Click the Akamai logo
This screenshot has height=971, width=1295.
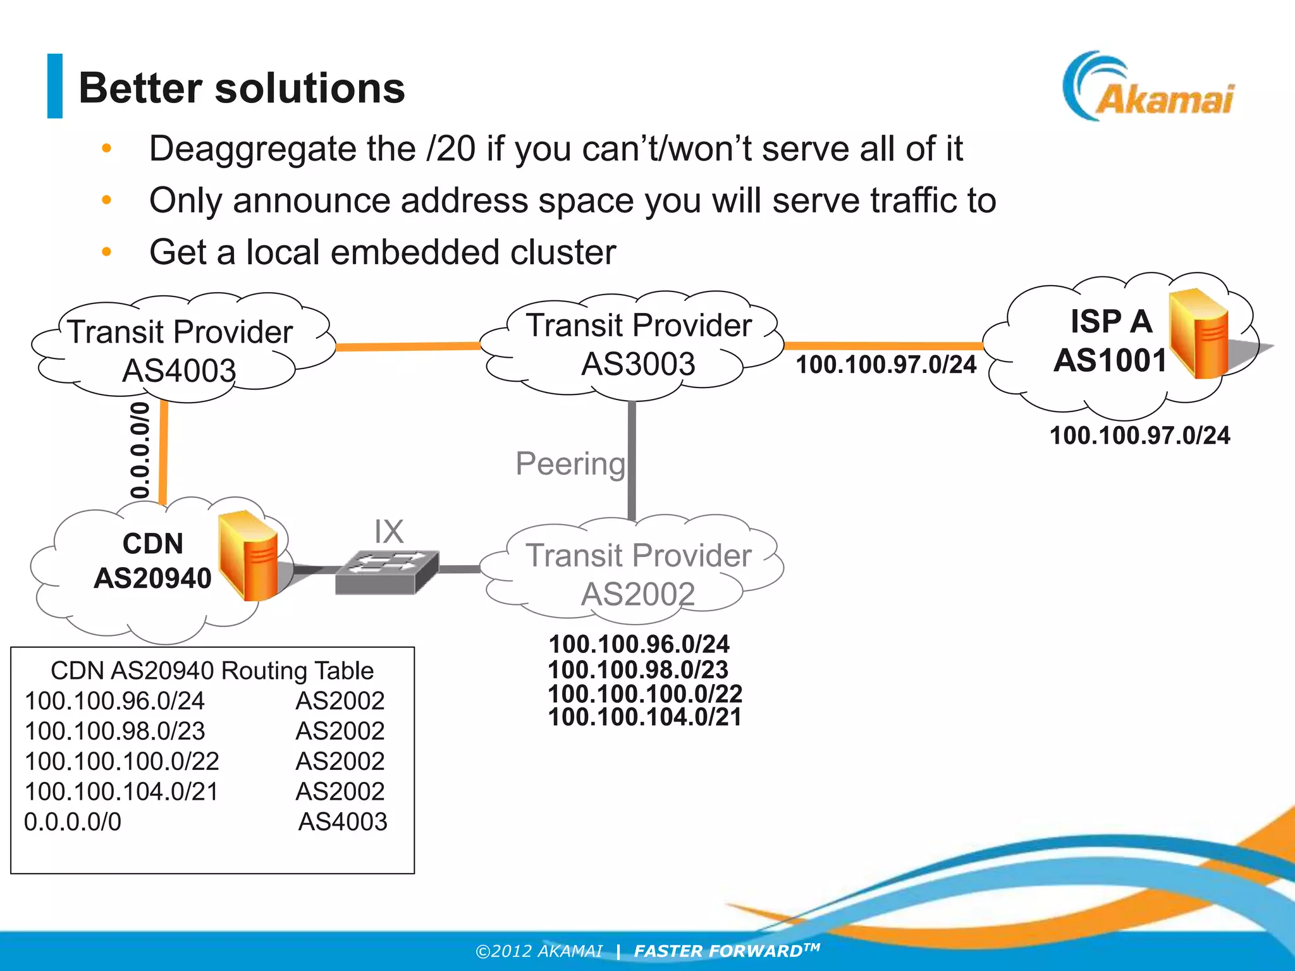click(1148, 89)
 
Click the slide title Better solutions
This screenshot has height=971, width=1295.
click(242, 88)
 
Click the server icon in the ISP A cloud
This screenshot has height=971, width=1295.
click(1199, 333)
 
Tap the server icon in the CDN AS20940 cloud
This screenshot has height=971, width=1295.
click(249, 556)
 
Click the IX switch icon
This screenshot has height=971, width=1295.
click(387, 572)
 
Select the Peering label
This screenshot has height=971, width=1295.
click(570, 463)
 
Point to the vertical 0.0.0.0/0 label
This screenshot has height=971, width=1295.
click(140, 450)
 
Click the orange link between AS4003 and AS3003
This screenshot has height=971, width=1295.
click(408, 346)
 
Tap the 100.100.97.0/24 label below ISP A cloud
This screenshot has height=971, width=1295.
click(1139, 436)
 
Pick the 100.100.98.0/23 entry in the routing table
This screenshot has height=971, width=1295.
click(114, 731)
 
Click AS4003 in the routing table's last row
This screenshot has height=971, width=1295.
click(343, 822)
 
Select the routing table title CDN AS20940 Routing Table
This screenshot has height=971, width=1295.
click(212, 671)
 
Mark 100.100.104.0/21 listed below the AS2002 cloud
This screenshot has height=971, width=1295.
click(644, 718)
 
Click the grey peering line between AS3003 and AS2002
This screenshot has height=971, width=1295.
click(632, 461)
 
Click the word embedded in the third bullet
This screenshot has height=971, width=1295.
click(415, 253)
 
